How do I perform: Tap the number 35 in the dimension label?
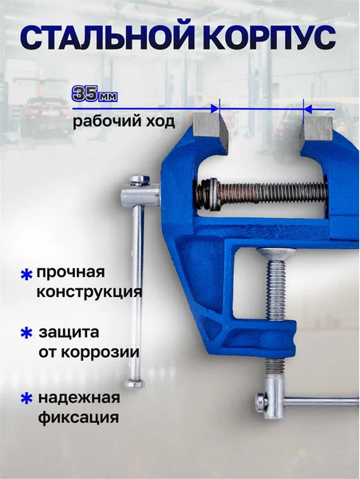tap(84, 93)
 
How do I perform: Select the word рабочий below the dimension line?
tap(102, 123)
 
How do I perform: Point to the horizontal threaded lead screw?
tap(271, 192)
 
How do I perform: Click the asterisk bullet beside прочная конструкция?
tap(26, 275)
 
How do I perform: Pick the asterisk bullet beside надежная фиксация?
tap(26, 397)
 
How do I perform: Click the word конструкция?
tap(89, 292)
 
